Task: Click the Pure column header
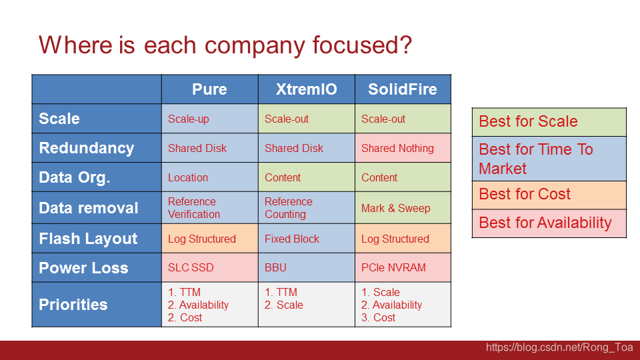tap(210, 89)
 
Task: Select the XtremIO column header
tap(307, 89)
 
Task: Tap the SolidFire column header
tap(403, 89)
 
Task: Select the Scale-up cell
tap(210, 119)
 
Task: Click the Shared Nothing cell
tap(403, 148)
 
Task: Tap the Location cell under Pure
tap(210, 177)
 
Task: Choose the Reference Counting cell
tap(307, 208)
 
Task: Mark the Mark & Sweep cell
tap(403, 208)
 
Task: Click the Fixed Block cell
tap(307, 239)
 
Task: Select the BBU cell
tap(307, 268)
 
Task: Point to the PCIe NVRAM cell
tap(403, 268)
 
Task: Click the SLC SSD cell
tap(210, 268)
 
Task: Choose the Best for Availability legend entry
tap(549, 223)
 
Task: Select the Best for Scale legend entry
tap(549, 122)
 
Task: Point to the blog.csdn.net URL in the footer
tap(559, 347)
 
